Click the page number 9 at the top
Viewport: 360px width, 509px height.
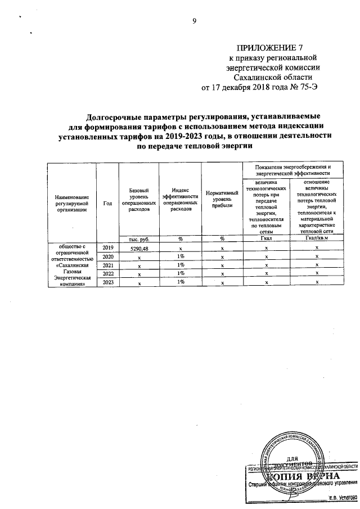tap(194, 21)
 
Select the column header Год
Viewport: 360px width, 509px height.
tap(107, 203)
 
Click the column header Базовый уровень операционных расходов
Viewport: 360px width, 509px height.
tap(139, 199)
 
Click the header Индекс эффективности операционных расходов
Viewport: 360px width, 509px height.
tap(180, 199)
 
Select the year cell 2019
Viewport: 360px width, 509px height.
tap(107, 247)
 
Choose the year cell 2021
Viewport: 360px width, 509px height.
tap(107, 265)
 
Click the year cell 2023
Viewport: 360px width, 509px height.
tap(107, 283)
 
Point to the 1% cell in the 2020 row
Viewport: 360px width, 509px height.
tap(181, 256)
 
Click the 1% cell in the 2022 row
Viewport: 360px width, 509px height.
tap(181, 274)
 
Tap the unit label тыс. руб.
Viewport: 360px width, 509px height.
tap(138, 238)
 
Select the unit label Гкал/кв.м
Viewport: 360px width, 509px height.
tap(317, 238)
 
